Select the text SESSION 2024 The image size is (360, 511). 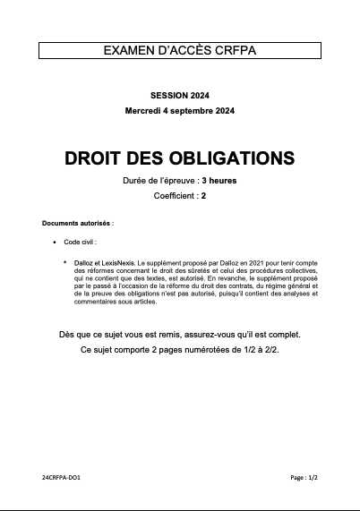pos(180,95)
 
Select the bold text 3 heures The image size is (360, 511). pos(219,181)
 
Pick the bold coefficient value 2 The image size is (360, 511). pos(203,195)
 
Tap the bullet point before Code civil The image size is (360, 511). pos(56,242)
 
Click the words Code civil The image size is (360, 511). pos(79,242)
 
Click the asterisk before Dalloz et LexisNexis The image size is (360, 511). pos(64,261)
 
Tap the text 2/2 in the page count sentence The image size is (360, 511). pos(270,349)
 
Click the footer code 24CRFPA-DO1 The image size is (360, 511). pos(64,479)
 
